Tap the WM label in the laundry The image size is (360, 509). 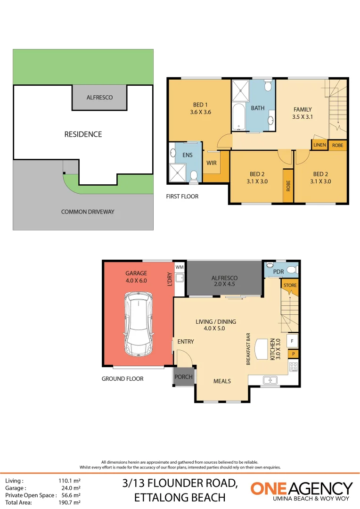pyautogui.click(x=179, y=267)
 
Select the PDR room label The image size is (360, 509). pyautogui.click(x=278, y=272)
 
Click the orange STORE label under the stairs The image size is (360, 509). pyautogui.click(x=290, y=285)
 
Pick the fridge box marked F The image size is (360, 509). pyautogui.click(x=293, y=340)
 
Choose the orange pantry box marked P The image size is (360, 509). pyautogui.click(x=293, y=353)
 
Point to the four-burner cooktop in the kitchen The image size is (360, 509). pyautogui.click(x=293, y=366)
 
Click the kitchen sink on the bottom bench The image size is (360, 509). pyautogui.click(x=270, y=379)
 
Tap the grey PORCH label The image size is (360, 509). pyautogui.click(x=183, y=377)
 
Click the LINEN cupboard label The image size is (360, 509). pyautogui.click(x=319, y=145)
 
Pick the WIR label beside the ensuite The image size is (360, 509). pyautogui.click(x=211, y=163)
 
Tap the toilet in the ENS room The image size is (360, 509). pyautogui.click(x=193, y=176)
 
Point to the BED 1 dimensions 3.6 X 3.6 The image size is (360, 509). pyautogui.click(x=200, y=112)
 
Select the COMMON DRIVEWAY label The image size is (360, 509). pyautogui.click(x=88, y=212)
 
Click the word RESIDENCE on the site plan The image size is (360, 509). pyautogui.click(x=83, y=134)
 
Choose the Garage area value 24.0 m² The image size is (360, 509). pyautogui.click(x=70, y=488)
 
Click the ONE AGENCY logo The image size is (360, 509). pyautogui.click(x=302, y=490)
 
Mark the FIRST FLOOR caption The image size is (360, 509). pyautogui.click(x=182, y=196)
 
